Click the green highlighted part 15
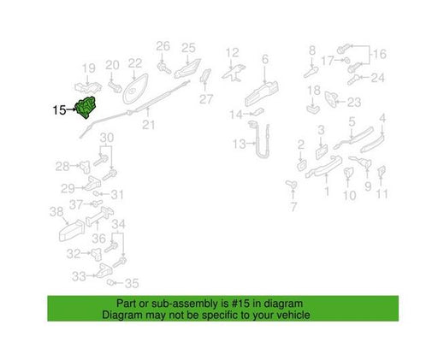point(86,107)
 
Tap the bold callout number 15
point(59,110)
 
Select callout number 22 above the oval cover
point(135,63)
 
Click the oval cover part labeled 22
point(135,89)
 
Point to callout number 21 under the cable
point(149,125)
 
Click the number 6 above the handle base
point(265,59)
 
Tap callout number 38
point(56,212)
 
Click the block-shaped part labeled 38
point(72,231)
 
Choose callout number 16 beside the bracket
point(380,54)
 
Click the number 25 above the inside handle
point(188,48)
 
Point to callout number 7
point(293,207)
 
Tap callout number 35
point(132,283)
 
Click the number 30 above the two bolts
point(107,138)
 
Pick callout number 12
point(232,53)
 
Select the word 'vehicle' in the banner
point(293,315)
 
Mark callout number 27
point(206,99)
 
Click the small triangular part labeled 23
point(331,98)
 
